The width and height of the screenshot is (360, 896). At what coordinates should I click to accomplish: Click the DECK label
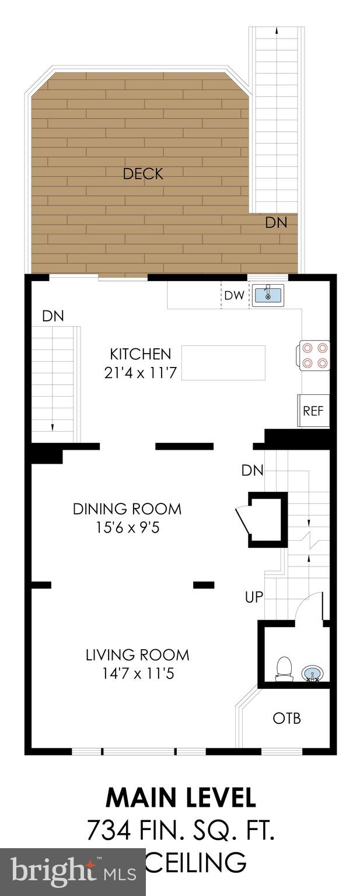click(x=143, y=173)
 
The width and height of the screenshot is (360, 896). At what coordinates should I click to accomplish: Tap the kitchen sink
click(x=268, y=295)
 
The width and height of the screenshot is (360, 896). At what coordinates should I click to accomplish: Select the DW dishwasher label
click(x=234, y=295)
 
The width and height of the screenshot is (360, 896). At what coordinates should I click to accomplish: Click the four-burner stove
click(x=315, y=355)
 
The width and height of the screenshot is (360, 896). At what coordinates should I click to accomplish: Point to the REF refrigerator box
click(x=313, y=411)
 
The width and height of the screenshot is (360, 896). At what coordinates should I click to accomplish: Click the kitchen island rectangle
click(x=223, y=362)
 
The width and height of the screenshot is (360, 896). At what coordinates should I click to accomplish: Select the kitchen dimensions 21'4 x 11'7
click(x=141, y=373)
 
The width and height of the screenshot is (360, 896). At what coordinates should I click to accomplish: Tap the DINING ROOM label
click(x=127, y=509)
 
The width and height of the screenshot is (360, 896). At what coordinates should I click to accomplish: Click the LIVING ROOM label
click(x=137, y=655)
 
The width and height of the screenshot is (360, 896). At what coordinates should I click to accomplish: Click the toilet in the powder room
click(x=284, y=668)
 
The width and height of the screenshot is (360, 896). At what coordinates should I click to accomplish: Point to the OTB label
click(x=287, y=718)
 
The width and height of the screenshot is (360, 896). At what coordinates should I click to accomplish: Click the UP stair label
click(x=254, y=597)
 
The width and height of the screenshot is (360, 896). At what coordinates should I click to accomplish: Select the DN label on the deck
click(x=276, y=222)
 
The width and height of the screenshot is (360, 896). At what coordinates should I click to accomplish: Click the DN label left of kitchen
click(x=53, y=316)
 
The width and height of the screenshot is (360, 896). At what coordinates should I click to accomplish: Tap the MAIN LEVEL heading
click(x=180, y=798)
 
